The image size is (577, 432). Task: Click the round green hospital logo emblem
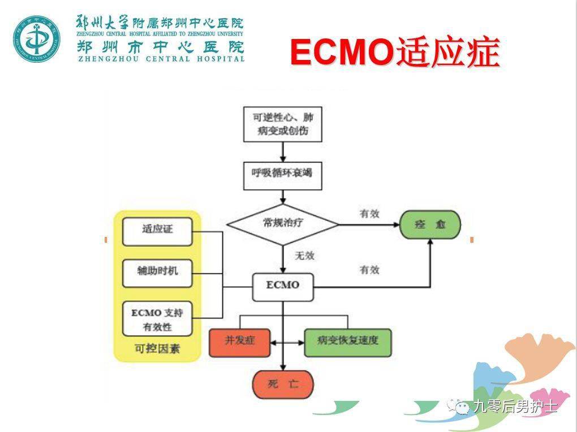point(36,38)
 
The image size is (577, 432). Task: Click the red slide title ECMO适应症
point(395,53)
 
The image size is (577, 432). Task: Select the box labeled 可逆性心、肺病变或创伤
point(283,124)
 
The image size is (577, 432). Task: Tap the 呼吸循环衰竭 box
point(283,176)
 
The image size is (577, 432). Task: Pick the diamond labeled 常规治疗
point(283,224)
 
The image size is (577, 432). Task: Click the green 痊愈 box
point(430,224)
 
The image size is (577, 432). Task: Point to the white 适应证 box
point(157,231)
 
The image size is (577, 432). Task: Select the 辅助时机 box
point(157,272)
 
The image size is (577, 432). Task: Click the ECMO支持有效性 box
point(157,319)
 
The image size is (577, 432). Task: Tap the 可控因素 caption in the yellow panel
point(157,348)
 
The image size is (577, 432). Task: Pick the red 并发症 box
point(239,342)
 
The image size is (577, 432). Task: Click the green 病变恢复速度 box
point(347,342)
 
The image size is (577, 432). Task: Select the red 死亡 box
point(283,385)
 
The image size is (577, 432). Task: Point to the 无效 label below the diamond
point(304,256)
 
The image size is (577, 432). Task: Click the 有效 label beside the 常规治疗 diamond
point(369,214)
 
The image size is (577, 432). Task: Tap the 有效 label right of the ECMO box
point(369,270)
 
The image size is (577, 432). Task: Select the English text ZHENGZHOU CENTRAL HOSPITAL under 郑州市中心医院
point(161,58)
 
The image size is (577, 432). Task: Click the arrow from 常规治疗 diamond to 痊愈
point(371,224)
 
